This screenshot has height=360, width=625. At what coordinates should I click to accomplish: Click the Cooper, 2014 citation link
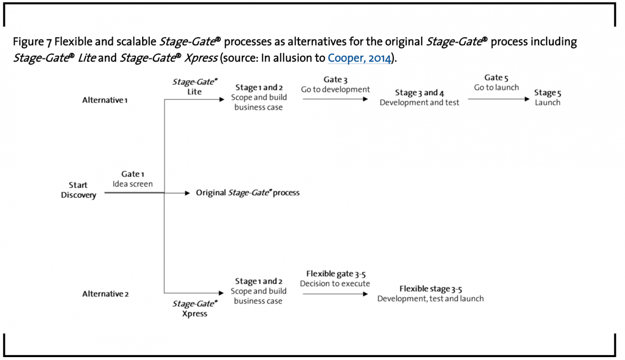coord(359,58)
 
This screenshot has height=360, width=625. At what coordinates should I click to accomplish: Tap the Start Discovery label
coord(79,190)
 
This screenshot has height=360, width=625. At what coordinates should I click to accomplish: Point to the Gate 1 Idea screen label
coord(133,179)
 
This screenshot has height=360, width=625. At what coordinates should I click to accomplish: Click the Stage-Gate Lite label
coord(194,86)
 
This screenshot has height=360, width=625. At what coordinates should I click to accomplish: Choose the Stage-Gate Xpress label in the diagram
coord(195,309)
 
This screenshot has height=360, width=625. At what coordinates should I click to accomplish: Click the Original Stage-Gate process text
coord(248,193)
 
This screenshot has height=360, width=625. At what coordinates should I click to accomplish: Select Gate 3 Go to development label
coord(335,85)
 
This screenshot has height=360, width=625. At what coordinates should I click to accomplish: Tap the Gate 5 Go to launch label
coord(496,83)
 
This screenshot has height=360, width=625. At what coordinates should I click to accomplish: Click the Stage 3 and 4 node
coord(419,98)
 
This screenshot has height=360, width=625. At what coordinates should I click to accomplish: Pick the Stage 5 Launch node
coord(547,98)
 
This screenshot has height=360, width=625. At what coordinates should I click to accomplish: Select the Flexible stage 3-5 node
coord(430,294)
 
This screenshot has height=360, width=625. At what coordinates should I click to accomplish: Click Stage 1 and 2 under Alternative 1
coord(259,97)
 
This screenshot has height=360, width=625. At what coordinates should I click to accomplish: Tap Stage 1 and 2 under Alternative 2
coord(258,291)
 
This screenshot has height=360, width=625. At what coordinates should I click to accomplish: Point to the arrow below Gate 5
coord(498,99)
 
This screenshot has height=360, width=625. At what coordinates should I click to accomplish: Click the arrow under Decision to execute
coord(335,294)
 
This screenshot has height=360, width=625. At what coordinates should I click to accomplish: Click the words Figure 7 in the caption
coord(32,42)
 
